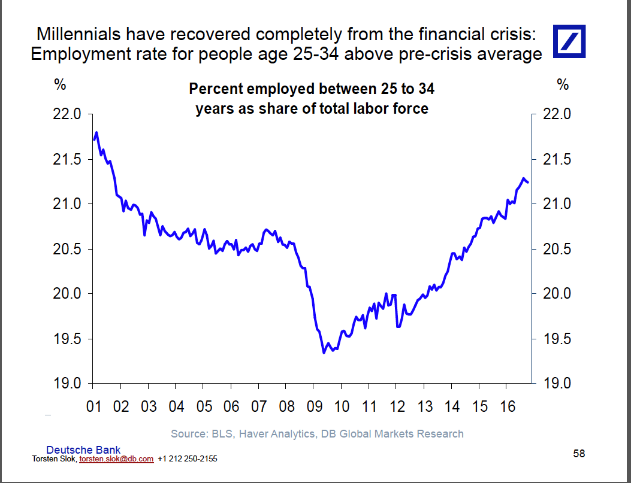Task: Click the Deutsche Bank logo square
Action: coord(569,42)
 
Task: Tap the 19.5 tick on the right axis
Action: coord(558,339)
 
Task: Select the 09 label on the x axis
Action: coord(313,407)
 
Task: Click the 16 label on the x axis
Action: coord(507,407)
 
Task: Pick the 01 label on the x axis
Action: coord(93,407)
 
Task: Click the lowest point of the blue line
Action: coord(324,353)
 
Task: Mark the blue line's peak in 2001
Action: coord(96,132)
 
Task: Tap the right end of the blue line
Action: coord(527,182)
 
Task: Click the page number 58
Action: coord(578,454)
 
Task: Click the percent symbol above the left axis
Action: coord(60,85)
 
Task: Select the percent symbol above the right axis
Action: coord(562,85)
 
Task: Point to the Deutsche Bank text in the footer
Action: coord(83,449)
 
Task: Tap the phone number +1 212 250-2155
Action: coord(187,459)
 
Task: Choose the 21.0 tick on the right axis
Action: coord(558,204)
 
